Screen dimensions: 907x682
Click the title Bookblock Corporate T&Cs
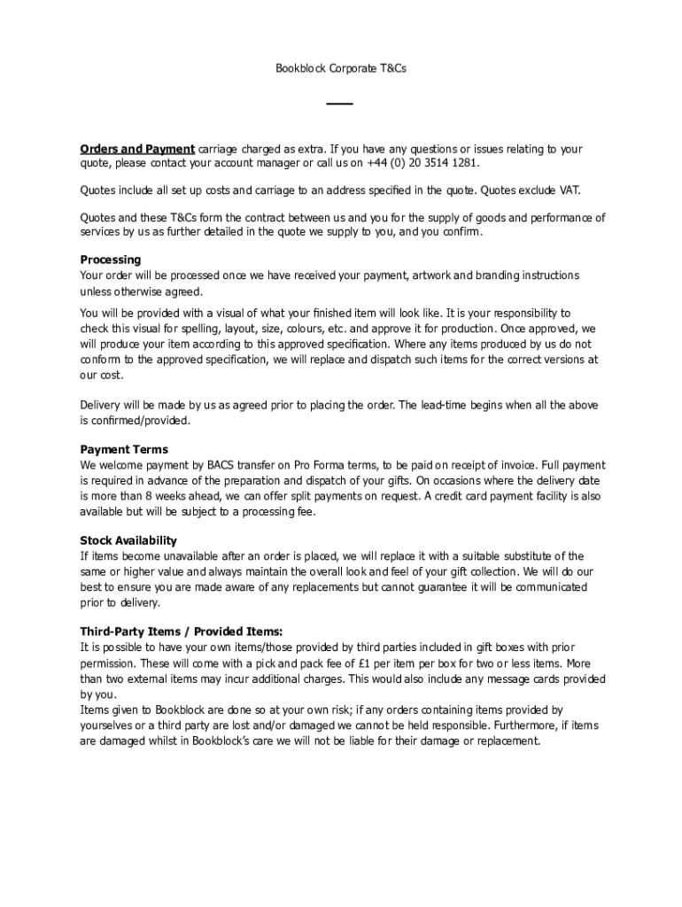[340, 67]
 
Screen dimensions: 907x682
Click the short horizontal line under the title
[340, 105]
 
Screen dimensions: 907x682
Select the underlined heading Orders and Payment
[137, 149]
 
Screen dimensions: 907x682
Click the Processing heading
[111, 260]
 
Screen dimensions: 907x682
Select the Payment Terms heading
[124, 449]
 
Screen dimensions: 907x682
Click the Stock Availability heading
[128, 540]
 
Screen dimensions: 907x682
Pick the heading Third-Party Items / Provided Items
[182, 632]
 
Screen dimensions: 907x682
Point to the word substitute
[504, 556]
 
